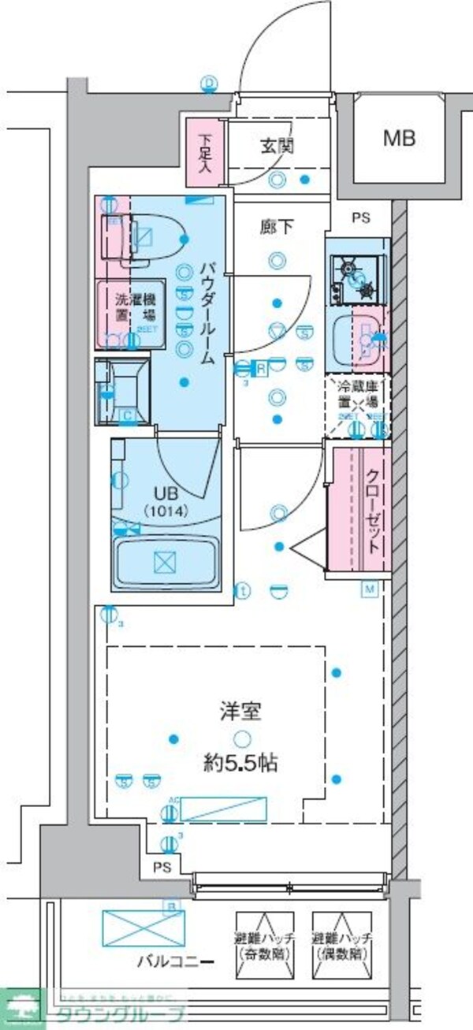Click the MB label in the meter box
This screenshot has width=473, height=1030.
(x=399, y=139)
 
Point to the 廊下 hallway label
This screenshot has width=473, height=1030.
(x=277, y=228)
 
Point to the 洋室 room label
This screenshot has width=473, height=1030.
(x=240, y=710)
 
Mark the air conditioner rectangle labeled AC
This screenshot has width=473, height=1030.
(x=223, y=809)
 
